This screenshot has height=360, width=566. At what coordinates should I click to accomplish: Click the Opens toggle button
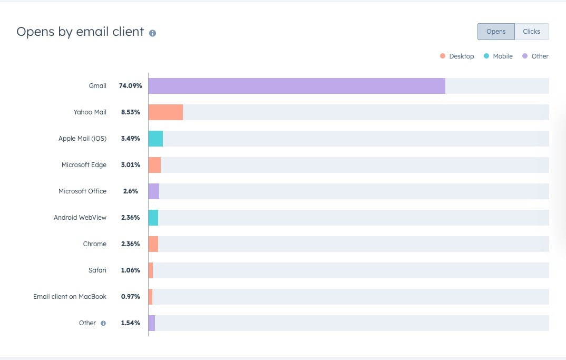click(x=496, y=32)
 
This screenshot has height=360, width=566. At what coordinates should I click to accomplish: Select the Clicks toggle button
click(x=531, y=32)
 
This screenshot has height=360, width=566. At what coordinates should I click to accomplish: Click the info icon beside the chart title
click(x=152, y=33)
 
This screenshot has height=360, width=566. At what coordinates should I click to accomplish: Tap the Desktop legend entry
click(x=457, y=56)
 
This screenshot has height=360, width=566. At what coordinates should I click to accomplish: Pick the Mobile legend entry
click(x=498, y=56)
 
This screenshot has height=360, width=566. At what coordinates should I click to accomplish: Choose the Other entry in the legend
click(x=535, y=56)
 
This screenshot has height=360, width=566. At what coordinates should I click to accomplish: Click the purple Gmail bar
click(x=297, y=86)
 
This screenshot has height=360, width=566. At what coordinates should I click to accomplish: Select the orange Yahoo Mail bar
click(x=165, y=112)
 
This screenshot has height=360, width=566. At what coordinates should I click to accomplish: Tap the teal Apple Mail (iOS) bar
click(x=155, y=139)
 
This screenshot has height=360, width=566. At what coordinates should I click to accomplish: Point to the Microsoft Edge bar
click(x=154, y=165)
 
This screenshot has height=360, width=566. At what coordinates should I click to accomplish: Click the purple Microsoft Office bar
click(x=154, y=191)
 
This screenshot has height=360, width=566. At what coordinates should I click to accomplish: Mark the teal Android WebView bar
click(x=153, y=218)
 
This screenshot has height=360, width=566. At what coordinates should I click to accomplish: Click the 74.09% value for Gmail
click(x=130, y=86)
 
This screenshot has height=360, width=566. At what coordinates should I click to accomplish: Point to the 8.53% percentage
click(x=130, y=112)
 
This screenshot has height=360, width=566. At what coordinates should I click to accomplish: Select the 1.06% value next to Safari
click(x=130, y=270)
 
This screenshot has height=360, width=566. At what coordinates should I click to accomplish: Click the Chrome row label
click(x=94, y=244)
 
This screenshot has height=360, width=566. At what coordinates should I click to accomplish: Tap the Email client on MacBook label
click(x=70, y=297)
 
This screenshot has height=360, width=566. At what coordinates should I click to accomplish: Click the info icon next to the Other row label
click(x=103, y=323)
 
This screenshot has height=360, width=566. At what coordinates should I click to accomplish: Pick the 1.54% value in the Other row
click(x=130, y=323)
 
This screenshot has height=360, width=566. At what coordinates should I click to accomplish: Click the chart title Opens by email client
click(x=80, y=32)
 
